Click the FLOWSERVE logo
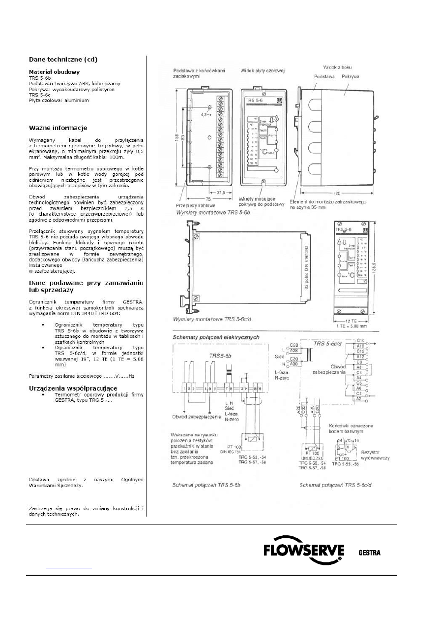pos(303,551)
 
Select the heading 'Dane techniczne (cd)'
pos(62,60)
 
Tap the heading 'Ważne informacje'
pos(58,128)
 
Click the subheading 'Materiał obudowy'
pos(51,71)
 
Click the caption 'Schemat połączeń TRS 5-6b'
pos(206,485)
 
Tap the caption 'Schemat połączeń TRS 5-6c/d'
pos(336,485)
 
